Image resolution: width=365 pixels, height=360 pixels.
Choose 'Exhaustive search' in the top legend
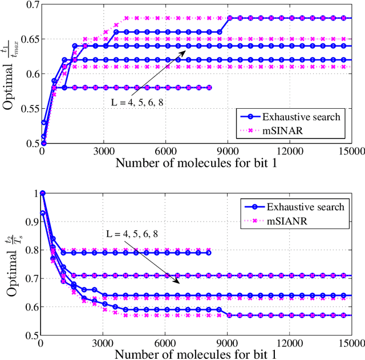pos(301,117)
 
